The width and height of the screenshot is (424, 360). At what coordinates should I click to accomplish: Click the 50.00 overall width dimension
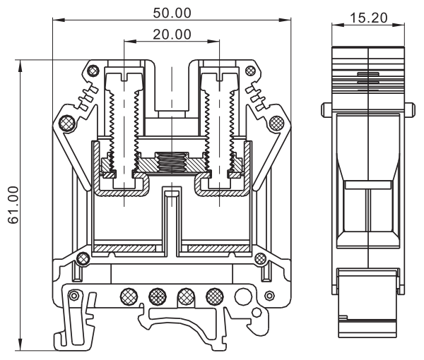click(x=172, y=13)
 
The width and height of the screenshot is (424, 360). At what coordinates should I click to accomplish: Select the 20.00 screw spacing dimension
click(x=172, y=33)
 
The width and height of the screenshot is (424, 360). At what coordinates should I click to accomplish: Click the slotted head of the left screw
click(x=124, y=73)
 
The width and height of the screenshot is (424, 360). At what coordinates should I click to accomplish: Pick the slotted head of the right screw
click(x=218, y=73)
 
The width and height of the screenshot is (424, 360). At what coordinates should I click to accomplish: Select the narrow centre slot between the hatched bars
click(x=172, y=219)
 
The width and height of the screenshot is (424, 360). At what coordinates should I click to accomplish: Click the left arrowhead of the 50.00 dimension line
click(x=56, y=20)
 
